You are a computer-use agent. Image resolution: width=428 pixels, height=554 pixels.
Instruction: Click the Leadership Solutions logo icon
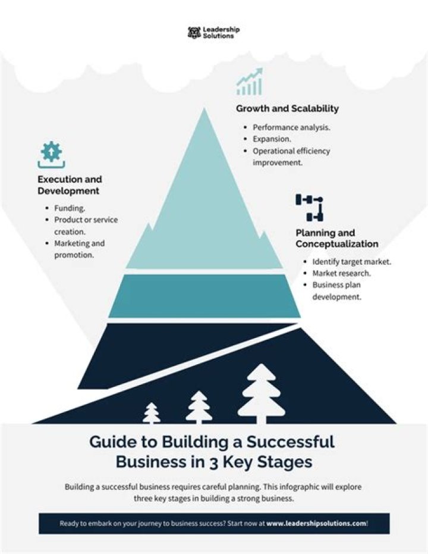194,33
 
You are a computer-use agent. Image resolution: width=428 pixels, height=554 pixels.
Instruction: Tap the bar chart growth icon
250,82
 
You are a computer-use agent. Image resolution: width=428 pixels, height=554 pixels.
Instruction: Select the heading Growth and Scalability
287,108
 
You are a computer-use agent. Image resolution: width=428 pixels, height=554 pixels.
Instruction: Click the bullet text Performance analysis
291,127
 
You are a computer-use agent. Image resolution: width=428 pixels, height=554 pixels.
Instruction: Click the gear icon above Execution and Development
52,155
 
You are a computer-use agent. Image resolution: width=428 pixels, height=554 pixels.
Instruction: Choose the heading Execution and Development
70,185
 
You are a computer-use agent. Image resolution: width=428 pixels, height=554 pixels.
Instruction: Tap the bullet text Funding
70,208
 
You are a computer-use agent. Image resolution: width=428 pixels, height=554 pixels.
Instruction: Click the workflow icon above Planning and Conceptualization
310,208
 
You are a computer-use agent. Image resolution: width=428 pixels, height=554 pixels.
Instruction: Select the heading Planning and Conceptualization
337,238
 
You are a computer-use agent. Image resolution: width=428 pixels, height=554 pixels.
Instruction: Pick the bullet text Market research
342,273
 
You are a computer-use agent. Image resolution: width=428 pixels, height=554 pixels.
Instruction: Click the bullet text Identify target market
352,261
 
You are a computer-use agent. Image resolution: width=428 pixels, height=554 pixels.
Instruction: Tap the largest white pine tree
262,393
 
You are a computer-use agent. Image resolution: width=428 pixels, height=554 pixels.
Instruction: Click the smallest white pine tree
152,413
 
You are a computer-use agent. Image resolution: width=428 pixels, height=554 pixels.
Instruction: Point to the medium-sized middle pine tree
199,407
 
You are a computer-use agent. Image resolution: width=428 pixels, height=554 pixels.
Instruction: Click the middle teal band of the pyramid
204,296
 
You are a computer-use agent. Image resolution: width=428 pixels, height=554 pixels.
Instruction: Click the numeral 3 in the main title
213,462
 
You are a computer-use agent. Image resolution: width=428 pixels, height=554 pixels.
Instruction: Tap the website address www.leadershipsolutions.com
316,523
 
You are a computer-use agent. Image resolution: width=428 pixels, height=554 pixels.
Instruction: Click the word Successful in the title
291,442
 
